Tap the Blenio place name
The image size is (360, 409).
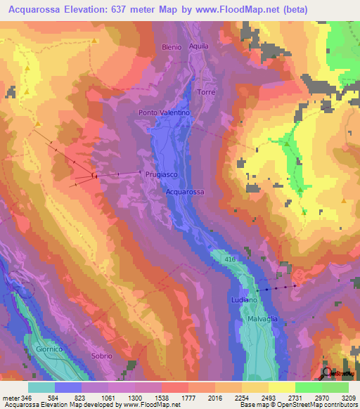tap(171, 47)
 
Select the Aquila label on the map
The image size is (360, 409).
tap(199, 46)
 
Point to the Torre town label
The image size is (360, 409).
tap(206, 93)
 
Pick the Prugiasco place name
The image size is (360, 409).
tap(160, 174)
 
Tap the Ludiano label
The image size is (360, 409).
tap(241, 300)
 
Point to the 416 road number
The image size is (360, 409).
tap(230, 259)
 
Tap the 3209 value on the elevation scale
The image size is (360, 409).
tap(349, 398)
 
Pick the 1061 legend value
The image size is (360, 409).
tap(108, 398)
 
